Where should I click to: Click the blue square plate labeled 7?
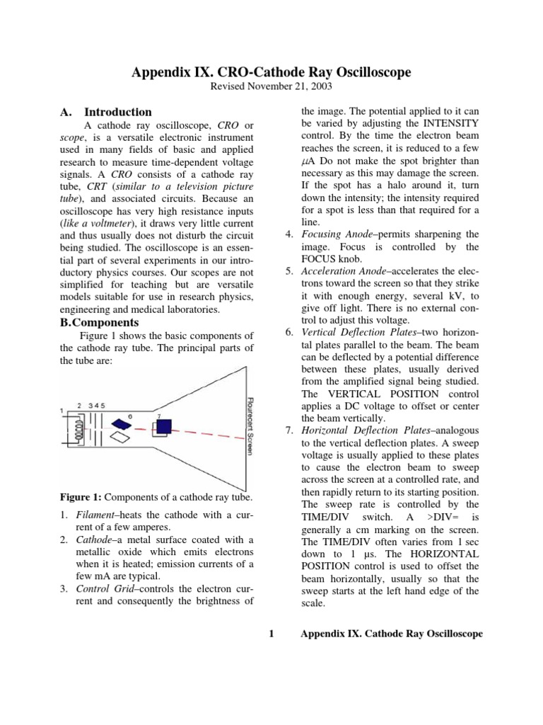[163, 427]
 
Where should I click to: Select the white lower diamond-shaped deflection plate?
[122, 438]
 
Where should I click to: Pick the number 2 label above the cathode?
[80, 405]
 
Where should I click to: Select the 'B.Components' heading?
[98, 321]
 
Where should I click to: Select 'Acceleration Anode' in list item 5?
[344, 272]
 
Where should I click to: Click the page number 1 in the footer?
[272, 634]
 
